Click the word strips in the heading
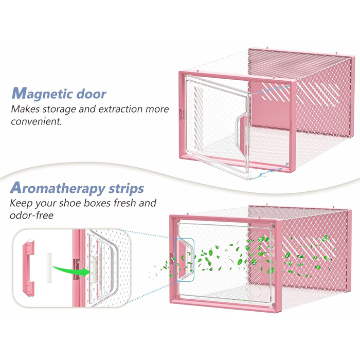click(x=127, y=189)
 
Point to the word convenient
click(x=37, y=121)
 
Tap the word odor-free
click(x=31, y=215)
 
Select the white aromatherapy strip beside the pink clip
click(x=49, y=268)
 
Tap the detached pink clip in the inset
click(x=29, y=268)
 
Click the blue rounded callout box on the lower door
click(x=185, y=260)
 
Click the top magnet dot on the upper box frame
click(x=288, y=86)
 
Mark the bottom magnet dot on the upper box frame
click(x=287, y=164)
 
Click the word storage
click(x=59, y=109)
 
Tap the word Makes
click(x=25, y=109)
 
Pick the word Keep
click(x=19, y=203)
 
